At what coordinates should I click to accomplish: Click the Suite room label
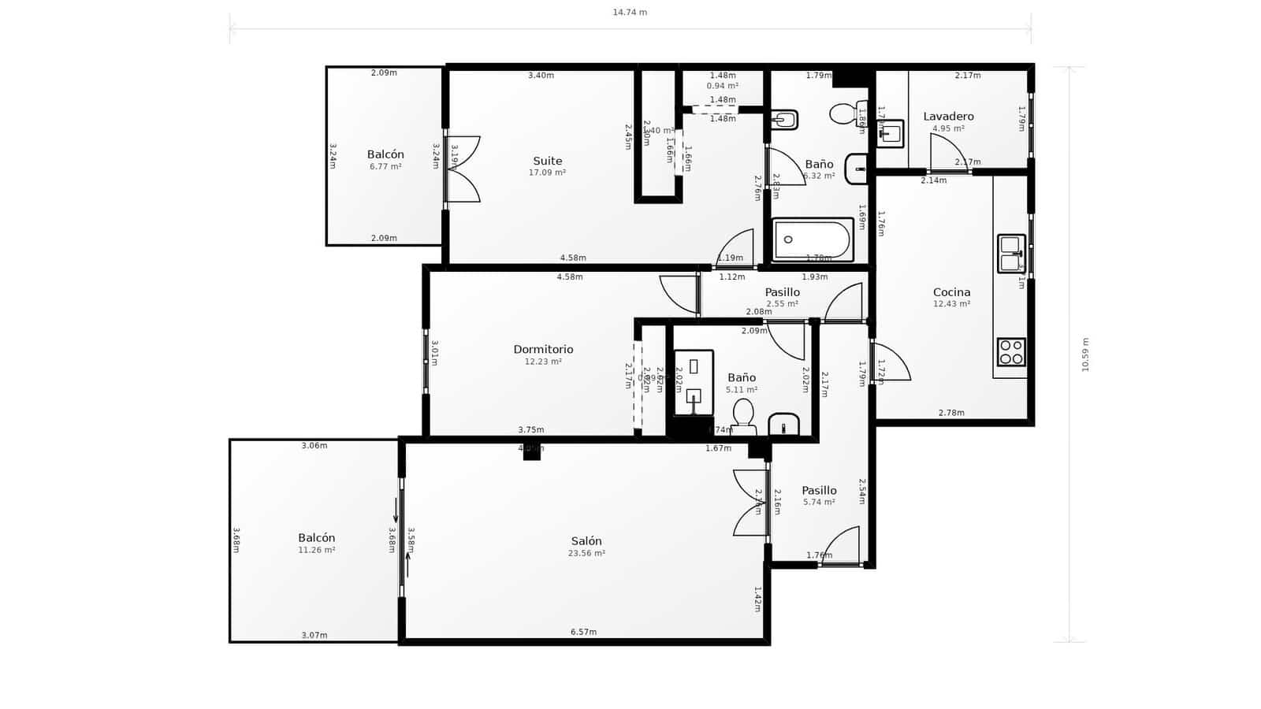click(x=548, y=161)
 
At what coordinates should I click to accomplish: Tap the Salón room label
click(x=586, y=540)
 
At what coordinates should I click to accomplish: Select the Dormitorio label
click(x=543, y=349)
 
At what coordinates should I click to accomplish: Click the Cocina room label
click(x=951, y=291)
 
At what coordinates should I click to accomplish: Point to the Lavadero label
click(x=948, y=116)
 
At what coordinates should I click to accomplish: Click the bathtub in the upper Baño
click(x=812, y=239)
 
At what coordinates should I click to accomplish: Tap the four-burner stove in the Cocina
click(x=1011, y=351)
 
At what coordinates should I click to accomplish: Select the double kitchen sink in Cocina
click(x=1010, y=253)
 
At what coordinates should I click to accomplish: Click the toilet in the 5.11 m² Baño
click(x=742, y=414)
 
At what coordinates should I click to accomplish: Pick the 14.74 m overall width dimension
click(x=630, y=12)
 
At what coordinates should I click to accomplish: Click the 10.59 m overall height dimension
click(x=1084, y=354)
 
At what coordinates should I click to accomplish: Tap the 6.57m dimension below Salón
click(x=583, y=632)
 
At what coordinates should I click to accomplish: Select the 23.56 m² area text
click(x=586, y=554)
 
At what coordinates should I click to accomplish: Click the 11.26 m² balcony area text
click(x=316, y=551)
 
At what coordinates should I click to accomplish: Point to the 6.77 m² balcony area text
click(x=385, y=167)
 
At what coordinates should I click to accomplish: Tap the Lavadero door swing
click(x=946, y=152)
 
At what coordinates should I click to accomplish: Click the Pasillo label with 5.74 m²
click(x=819, y=490)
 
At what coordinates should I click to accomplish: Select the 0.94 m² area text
click(x=722, y=86)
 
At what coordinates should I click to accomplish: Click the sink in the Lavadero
click(x=891, y=133)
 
